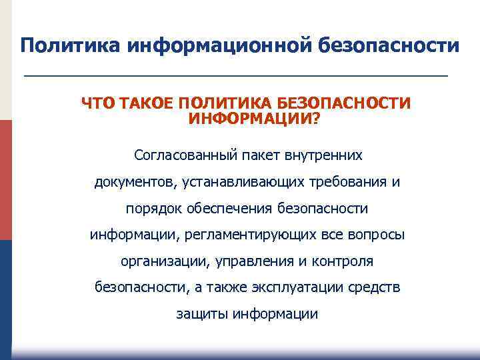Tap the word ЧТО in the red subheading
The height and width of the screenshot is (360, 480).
(x=97, y=103)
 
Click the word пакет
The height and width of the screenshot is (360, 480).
(x=263, y=155)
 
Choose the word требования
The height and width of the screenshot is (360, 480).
(x=354, y=182)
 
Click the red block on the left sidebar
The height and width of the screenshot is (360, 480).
(x=5, y=180)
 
